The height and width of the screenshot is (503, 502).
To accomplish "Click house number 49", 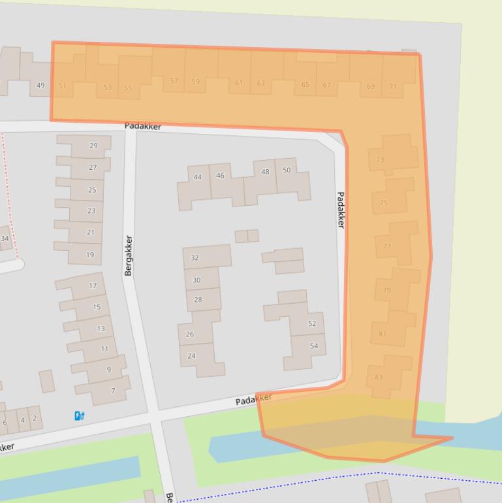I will [41, 85].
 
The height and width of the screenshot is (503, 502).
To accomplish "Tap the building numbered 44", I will [198, 177].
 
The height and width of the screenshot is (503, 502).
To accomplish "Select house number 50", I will [287, 170].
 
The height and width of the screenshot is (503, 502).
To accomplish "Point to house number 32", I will [195, 258].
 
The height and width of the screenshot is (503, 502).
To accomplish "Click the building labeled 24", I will [191, 356].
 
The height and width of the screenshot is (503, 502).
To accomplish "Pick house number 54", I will [314, 346].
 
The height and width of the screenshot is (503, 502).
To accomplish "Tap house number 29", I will [93, 146].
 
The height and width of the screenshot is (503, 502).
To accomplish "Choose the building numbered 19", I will [90, 255].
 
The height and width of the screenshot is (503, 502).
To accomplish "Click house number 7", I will [113, 391].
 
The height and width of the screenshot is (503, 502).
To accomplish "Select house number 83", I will [379, 377].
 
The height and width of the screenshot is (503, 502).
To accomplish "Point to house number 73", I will [380, 159].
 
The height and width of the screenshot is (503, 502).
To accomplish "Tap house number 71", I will [392, 86].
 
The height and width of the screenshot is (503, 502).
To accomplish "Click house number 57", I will [174, 82].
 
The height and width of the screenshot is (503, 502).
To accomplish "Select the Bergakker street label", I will [128, 255].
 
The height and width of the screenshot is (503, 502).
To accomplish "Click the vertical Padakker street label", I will [340, 210].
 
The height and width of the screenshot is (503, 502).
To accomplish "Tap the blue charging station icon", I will [79, 415].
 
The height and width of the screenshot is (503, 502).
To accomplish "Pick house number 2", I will [35, 419].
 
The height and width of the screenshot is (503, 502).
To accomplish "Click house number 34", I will [5, 238].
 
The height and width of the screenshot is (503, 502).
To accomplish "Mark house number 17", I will [93, 285].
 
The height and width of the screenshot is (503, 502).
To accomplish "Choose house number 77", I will [387, 246].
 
